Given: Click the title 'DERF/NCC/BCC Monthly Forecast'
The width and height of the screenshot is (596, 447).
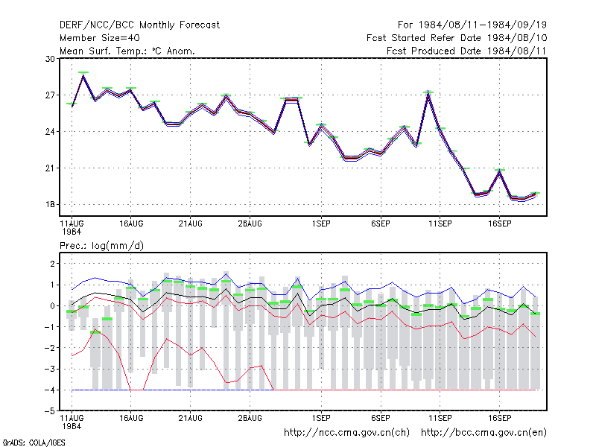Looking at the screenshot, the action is pos(139,25).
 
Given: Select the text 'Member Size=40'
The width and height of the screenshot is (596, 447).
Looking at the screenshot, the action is pos(100,38).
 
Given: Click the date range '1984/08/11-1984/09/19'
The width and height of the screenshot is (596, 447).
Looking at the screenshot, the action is pos(483,25).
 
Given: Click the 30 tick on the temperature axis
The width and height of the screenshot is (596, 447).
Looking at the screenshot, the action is pos(50,59).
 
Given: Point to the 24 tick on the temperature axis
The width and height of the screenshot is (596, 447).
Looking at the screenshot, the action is pos(50,132).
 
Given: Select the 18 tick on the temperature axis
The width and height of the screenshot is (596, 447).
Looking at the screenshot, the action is pos(50,204).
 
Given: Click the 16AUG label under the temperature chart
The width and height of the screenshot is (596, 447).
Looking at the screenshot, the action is pos(131,224).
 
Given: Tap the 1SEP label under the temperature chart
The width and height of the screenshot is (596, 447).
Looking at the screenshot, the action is pos(321,224).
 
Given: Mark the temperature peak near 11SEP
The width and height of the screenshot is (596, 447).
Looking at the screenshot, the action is pos(428,92).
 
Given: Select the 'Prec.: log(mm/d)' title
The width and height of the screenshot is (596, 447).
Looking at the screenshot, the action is pos(101,246).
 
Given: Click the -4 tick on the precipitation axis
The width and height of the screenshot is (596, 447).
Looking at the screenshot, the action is pos(50,390).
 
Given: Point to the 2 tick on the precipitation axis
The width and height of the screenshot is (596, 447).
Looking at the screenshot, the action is pos(52,264).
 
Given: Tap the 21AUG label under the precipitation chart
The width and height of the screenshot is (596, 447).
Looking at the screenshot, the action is pos(191,418).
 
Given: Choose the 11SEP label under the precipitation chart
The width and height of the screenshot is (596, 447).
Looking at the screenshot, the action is pos(440,418).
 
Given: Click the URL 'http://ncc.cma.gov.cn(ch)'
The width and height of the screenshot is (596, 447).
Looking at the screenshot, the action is pos(346,433).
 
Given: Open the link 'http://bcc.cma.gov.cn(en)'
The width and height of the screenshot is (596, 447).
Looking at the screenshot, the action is pos(484,433).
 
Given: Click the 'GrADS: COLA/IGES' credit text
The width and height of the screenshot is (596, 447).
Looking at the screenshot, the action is pos(34,443).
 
